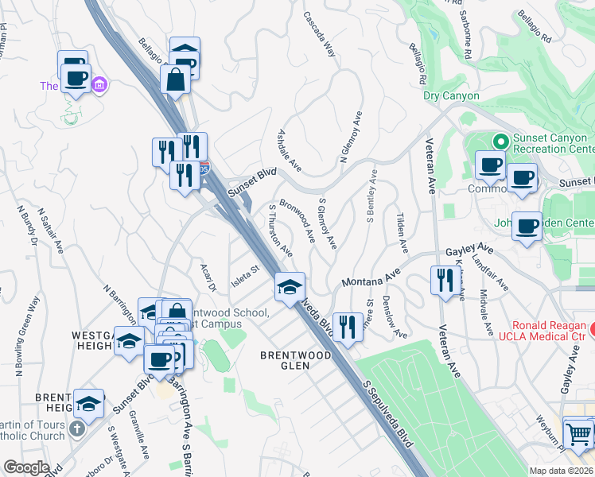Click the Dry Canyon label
point(451,96)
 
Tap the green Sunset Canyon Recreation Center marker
point(500,142)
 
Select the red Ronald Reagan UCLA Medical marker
point(593,327)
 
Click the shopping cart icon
point(578,435)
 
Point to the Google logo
point(26,467)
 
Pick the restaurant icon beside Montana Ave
point(442,280)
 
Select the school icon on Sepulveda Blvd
point(290,286)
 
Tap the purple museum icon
point(99,84)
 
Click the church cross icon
point(76,429)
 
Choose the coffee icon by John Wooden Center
point(527,227)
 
